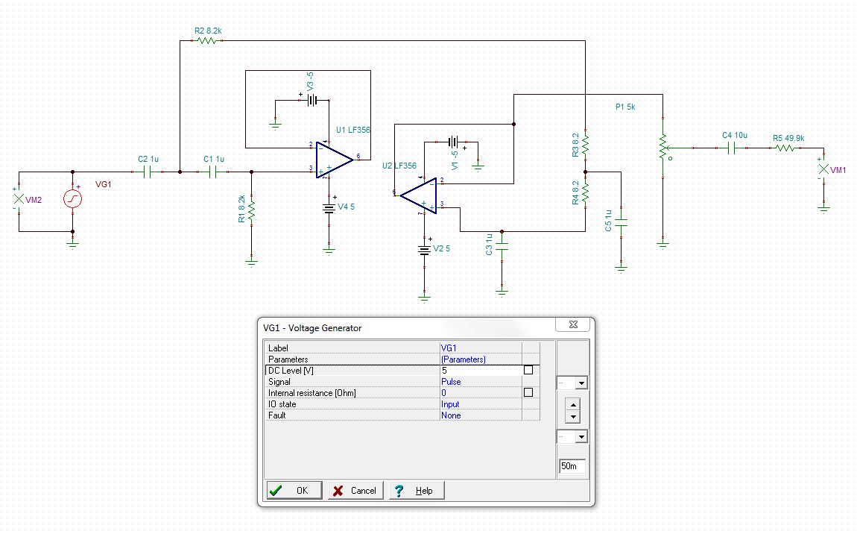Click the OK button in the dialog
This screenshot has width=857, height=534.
pos(294,490)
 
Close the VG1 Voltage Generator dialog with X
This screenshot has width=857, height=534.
pos(573,324)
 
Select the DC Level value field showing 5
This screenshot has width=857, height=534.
pos(481,370)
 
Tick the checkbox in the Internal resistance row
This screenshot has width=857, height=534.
pos(528,392)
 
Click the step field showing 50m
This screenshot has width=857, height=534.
pos(572,466)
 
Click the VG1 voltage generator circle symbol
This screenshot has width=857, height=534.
pos(72,198)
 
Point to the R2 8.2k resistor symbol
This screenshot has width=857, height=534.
pos(206,41)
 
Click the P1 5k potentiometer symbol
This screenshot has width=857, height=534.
pos(661,147)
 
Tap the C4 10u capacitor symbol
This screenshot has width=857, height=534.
pos(733,148)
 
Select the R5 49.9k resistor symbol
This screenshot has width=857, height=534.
pos(785,148)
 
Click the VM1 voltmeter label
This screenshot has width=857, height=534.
pos(838,171)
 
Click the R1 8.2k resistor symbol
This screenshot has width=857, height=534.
pos(251,209)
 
